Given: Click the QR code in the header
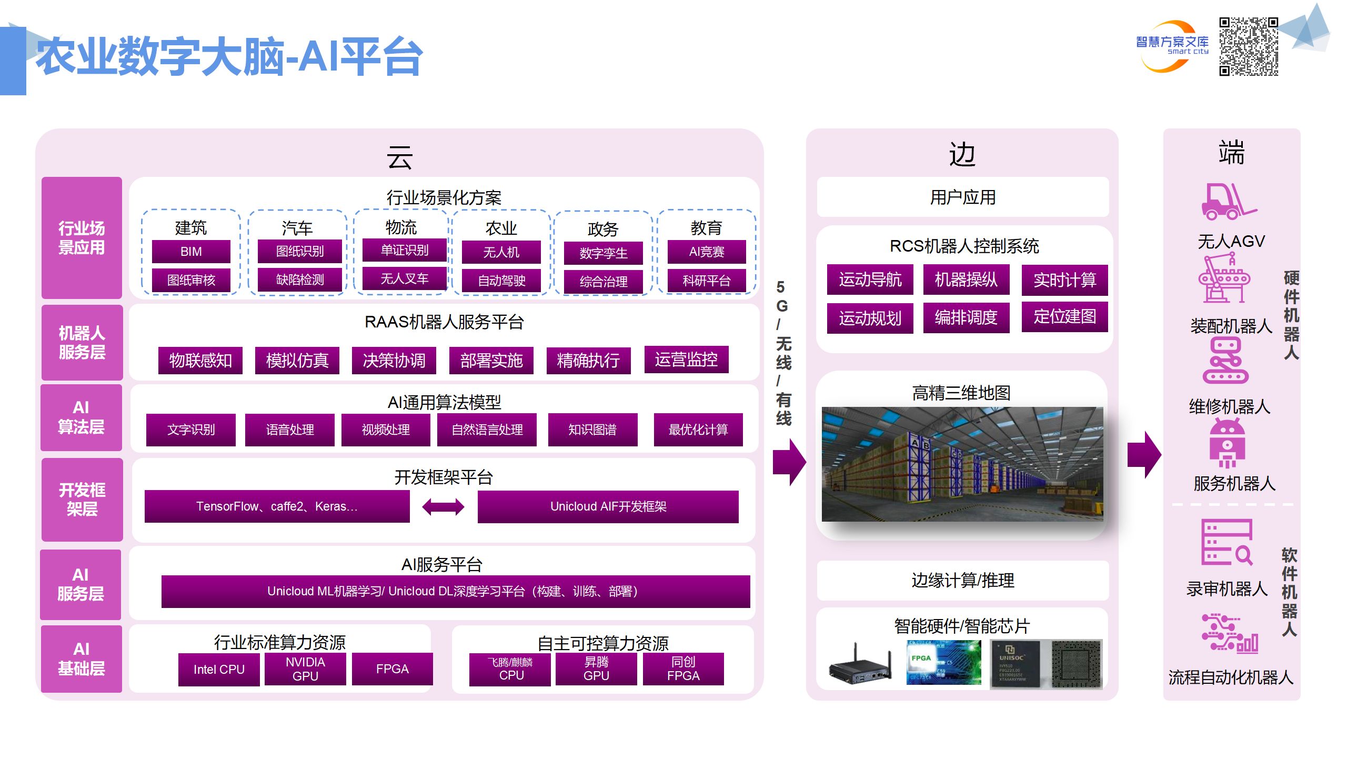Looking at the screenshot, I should pyautogui.click(x=1248, y=46).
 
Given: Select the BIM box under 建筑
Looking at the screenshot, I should pyautogui.click(x=191, y=252).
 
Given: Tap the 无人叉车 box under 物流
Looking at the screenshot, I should pyautogui.click(x=404, y=278).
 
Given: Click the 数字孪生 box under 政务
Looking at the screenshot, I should pyautogui.click(x=603, y=253).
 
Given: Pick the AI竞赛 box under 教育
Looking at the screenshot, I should pyautogui.click(x=706, y=252).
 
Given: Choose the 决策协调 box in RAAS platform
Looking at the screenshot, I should pyautogui.click(x=394, y=361).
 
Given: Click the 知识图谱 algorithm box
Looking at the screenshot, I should pyautogui.click(x=592, y=430).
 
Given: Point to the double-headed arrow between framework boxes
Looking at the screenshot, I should pyautogui.click(x=443, y=507).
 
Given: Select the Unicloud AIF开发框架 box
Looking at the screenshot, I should pyautogui.click(x=608, y=506).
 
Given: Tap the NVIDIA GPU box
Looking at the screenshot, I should pyautogui.click(x=305, y=669).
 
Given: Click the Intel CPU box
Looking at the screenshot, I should pyautogui.click(x=219, y=670).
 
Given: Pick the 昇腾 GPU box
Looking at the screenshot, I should pyautogui.click(x=596, y=669).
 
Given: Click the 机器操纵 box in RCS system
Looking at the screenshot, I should pyautogui.click(x=966, y=280).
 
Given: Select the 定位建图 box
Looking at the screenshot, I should pyautogui.click(x=1064, y=317).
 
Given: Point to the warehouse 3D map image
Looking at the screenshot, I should pyautogui.click(x=962, y=464).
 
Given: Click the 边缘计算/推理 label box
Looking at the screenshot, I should pyautogui.click(x=962, y=580).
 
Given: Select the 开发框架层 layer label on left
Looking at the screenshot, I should pyautogui.click(x=82, y=500).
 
